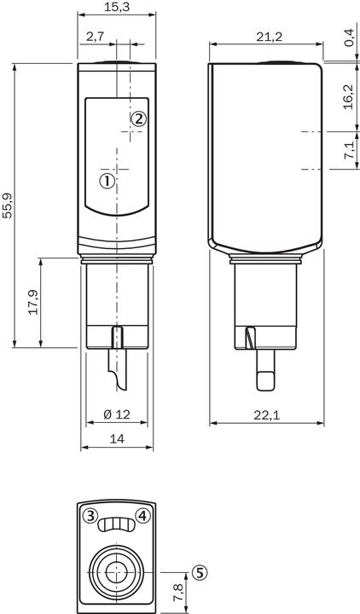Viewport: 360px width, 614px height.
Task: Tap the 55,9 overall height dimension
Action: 8,206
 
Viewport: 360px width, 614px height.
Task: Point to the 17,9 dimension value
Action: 33,303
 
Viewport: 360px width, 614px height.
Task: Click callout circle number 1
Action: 107,181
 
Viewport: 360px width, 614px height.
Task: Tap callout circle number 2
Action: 139,119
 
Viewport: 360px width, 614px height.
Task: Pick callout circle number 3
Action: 89,515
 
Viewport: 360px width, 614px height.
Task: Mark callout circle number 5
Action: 199,573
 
